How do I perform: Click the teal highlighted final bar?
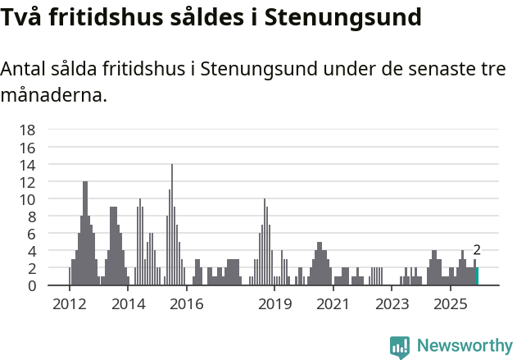coord(478,276)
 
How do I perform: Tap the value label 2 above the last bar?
coord(477,251)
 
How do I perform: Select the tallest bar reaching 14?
coord(172,225)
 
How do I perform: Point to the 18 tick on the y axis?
coord(27,130)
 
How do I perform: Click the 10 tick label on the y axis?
coord(27,199)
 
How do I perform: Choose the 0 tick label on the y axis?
coord(31,285)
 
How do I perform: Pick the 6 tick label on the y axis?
coord(31,234)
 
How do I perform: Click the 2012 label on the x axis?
coord(69,304)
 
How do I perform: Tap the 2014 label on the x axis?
coord(128,304)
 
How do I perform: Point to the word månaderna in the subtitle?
coord(54,95)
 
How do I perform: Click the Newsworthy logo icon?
coord(400,346)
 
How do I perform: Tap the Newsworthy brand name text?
coord(464,346)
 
